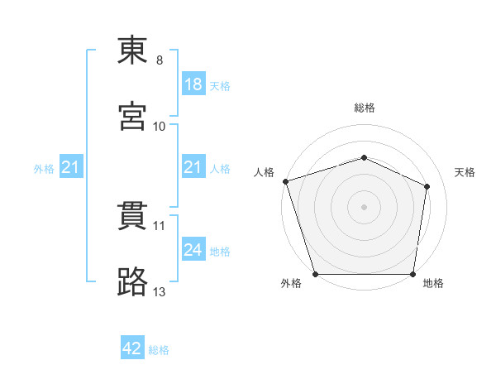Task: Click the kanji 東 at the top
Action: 132,50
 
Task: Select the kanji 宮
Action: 132,116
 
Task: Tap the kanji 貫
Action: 132,216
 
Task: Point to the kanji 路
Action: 132,281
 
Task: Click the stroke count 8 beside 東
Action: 160,60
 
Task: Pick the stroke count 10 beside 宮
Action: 159,127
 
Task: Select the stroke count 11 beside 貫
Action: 159,226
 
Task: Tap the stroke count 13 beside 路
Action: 159,292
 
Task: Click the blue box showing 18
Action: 193,84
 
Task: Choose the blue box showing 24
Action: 193,248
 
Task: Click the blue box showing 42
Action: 132,347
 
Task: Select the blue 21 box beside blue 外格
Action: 71,166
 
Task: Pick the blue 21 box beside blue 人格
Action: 193,166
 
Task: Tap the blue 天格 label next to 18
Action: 220,86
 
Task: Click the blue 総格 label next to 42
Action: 159,350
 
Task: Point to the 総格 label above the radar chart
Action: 365,108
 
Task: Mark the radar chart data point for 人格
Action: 286,181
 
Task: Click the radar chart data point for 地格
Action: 413,274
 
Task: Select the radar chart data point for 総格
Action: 364,157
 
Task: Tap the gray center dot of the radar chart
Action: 364,207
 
